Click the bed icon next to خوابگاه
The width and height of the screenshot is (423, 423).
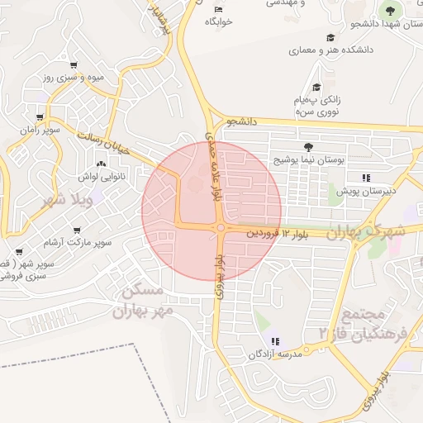[218, 9]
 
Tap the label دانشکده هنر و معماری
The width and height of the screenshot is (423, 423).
[330, 50]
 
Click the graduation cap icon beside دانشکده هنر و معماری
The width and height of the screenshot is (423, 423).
[330, 37]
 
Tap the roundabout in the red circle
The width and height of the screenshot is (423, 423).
[221, 228]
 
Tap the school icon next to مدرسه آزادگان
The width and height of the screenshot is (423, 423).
[275, 341]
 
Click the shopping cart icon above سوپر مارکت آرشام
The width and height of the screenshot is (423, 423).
[77, 231]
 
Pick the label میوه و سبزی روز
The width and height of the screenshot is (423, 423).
[73, 78]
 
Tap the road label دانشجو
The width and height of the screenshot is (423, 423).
[245, 121]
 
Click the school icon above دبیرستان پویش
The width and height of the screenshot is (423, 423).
[365, 178]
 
